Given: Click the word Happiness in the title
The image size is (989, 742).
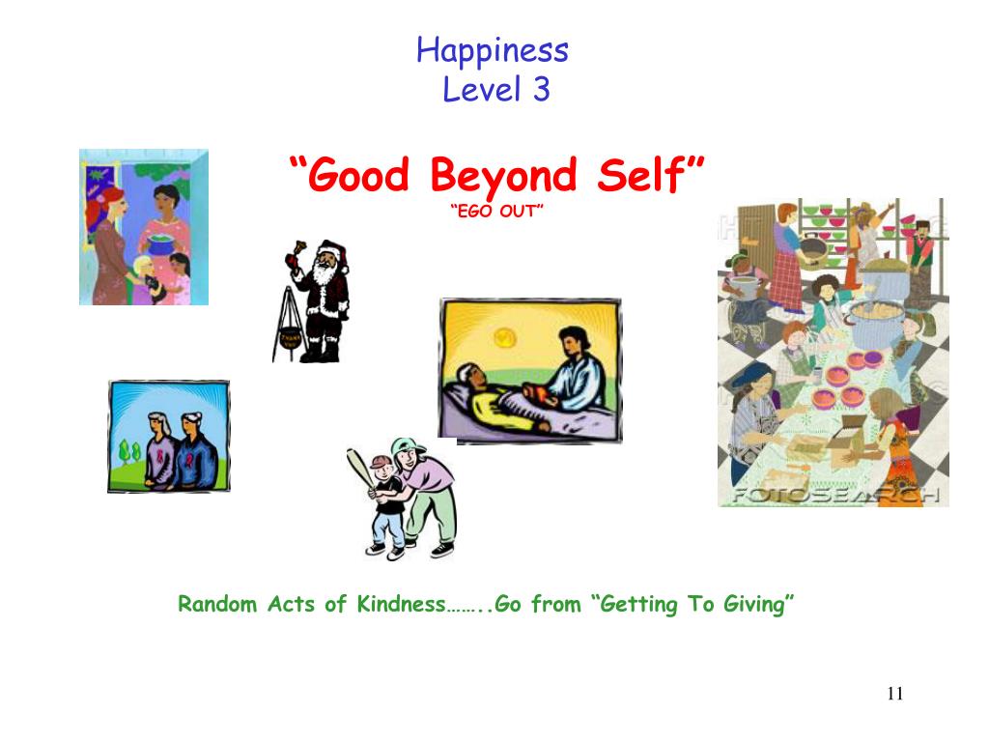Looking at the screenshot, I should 493,50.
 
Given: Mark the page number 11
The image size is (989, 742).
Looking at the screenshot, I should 893,694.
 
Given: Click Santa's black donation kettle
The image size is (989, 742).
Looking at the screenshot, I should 288,339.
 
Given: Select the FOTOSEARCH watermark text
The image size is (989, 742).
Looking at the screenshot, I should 833,494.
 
